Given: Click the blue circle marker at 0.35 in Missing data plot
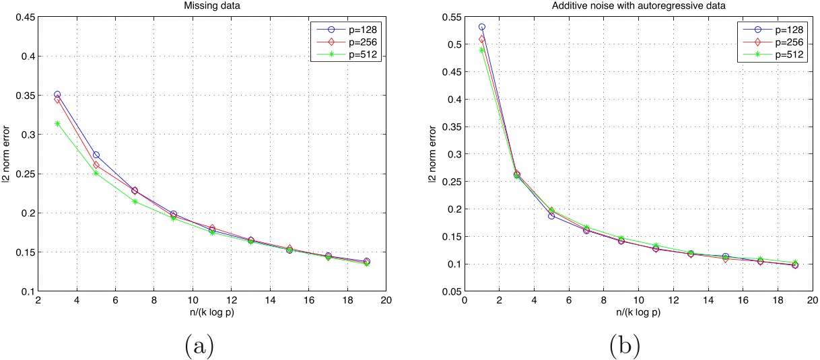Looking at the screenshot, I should point(57,95).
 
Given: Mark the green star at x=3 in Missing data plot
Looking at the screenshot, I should point(57,124).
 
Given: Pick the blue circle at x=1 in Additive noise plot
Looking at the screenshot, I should point(482,27).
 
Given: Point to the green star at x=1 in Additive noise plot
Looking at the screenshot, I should point(482,50).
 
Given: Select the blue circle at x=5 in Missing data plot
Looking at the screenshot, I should point(96,155).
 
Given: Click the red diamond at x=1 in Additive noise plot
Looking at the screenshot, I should point(482,40).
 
